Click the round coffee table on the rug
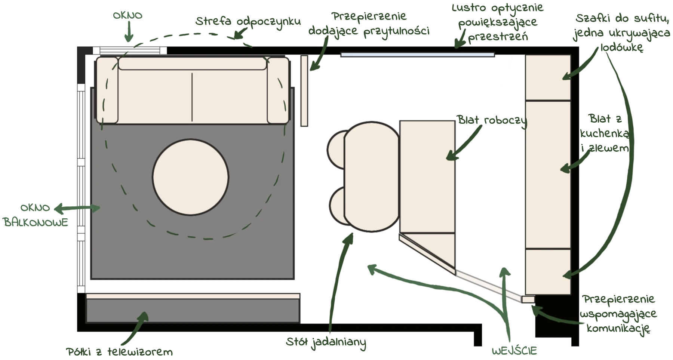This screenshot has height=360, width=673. tap(190, 177)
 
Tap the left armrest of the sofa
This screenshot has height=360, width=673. tap(108, 90)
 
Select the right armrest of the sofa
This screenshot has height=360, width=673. tap(278, 90)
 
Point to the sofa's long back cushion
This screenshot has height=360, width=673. tap(192, 64)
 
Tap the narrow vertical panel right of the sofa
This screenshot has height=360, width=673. tap(304, 91)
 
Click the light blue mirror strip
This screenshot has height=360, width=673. tap(417, 55)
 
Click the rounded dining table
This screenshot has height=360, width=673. tap(371, 176)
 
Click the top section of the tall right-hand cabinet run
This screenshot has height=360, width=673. tap(548, 77)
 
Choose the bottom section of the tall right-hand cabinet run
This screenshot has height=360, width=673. tap(548, 272)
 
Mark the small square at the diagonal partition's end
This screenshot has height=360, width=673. tap(528, 299)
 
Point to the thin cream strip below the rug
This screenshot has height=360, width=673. tap(193, 296)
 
